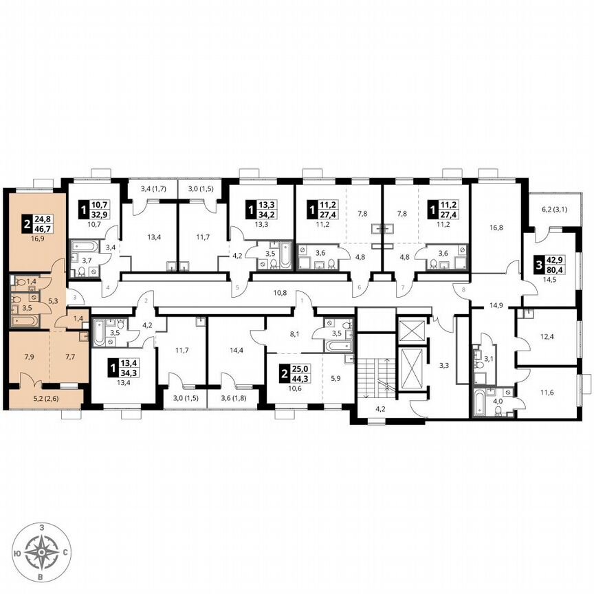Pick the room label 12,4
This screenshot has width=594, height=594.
click(x=547, y=338)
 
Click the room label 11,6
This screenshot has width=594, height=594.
click(x=547, y=393)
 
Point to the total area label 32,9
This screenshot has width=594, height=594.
click(x=99, y=214)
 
